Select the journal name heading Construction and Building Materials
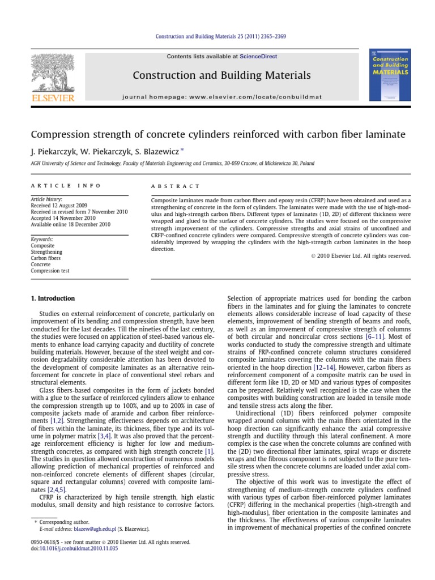(221, 75)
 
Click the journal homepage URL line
(221, 97)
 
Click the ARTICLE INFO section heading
(66, 186)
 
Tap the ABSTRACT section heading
(175, 186)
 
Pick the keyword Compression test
(50, 271)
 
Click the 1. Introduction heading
(52, 298)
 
